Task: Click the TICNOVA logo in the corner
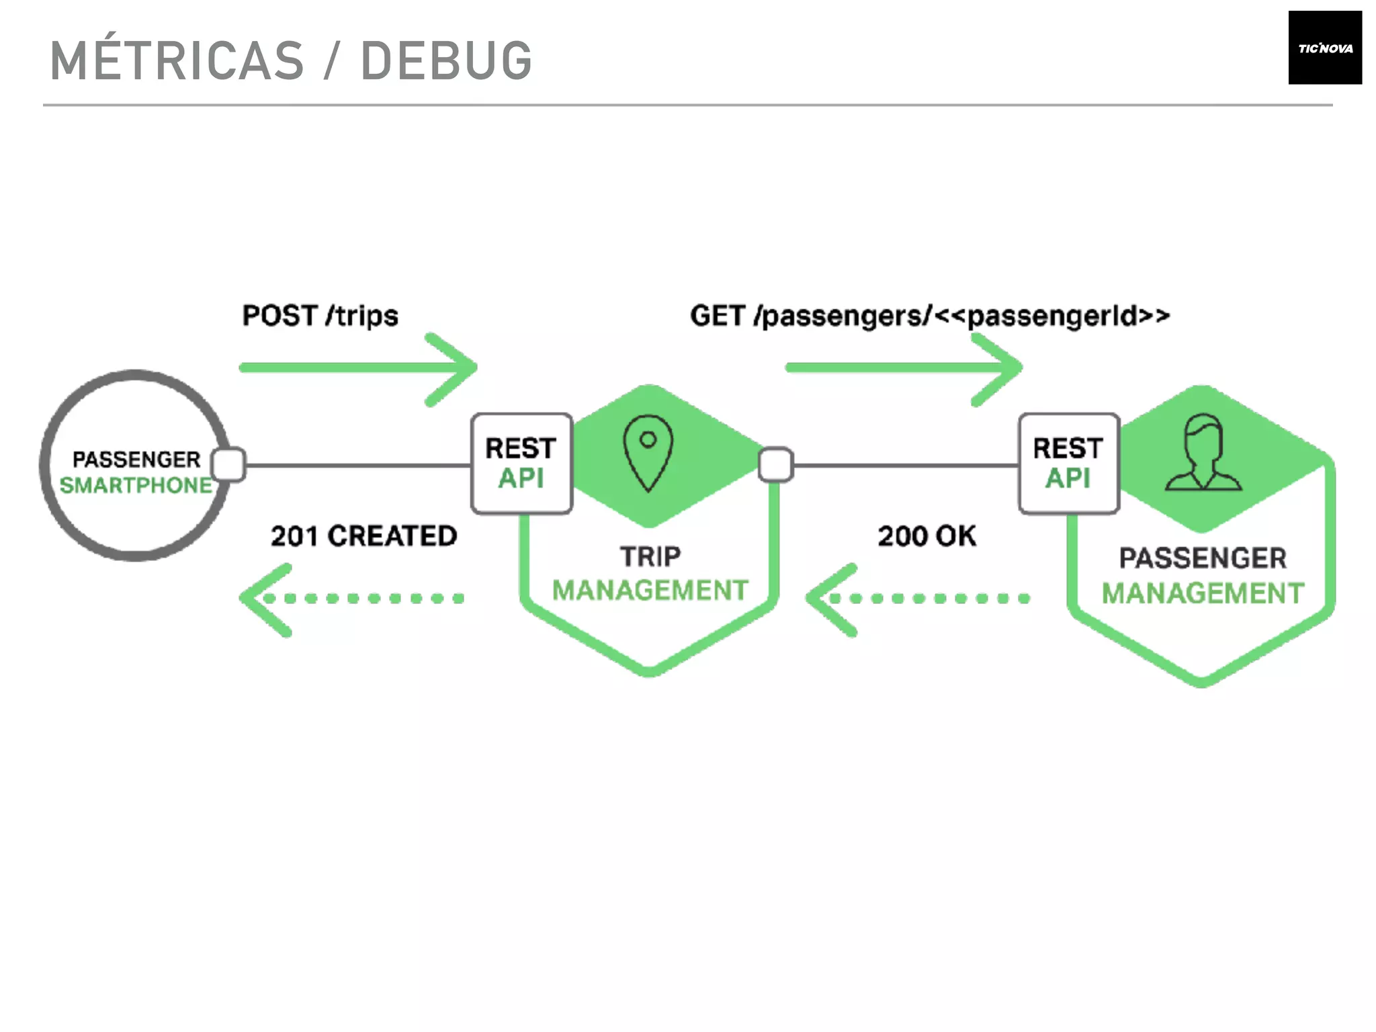point(1324,48)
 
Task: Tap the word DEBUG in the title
point(446,61)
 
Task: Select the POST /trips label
point(320,316)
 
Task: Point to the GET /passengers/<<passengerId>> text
point(929,316)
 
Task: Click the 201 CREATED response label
point(363,536)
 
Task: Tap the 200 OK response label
point(927,536)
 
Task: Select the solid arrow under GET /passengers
point(904,368)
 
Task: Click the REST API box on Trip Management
point(521,464)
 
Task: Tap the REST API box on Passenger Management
point(1068,464)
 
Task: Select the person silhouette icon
point(1203,453)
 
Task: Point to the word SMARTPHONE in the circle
point(136,485)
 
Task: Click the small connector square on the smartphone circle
point(228,464)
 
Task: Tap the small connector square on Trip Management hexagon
point(775,464)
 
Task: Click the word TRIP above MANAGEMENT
point(650,557)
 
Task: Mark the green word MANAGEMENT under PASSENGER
point(1203,594)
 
